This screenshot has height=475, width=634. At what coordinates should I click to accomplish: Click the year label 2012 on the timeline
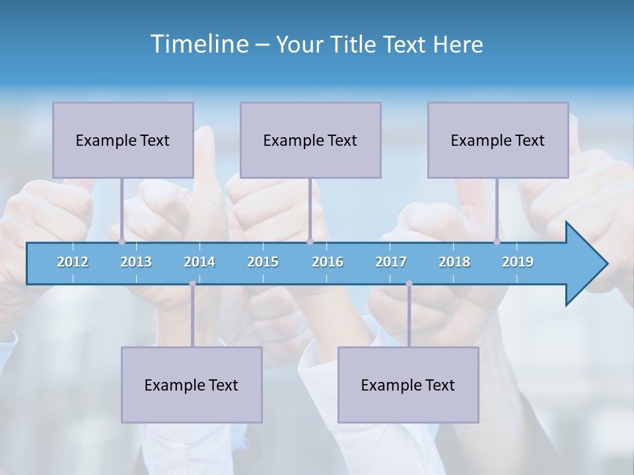coord(73,262)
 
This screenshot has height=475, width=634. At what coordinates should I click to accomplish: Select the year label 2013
coord(136,262)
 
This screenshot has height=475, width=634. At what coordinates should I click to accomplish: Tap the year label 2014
coord(199,262)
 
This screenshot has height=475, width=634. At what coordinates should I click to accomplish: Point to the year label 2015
coord(263,262)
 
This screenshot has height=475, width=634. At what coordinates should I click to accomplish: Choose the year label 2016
coord(328,262)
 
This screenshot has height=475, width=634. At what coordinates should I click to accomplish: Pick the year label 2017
coord(391,262)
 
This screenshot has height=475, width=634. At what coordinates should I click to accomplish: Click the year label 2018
coord(454,262)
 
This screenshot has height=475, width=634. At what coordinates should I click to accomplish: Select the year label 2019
coord(518,262)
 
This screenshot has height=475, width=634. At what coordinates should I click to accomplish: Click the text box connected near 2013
coord(123,140)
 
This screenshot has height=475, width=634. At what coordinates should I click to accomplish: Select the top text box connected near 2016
coord(310,140)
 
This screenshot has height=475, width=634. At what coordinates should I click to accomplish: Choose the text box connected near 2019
coord(498,140)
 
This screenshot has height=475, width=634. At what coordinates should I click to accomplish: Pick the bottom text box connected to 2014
coord(192,385)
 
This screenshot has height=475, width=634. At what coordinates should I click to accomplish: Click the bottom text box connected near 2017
coord(408,385)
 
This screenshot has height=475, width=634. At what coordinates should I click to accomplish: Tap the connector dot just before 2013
coord(122,241)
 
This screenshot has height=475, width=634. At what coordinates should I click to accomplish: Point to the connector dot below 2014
coord(192,284)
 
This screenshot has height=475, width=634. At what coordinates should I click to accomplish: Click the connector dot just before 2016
coord(310,241)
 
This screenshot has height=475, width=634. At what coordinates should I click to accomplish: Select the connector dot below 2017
coord(409,284)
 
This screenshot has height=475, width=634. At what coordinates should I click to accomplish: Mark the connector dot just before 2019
coord(497,241)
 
